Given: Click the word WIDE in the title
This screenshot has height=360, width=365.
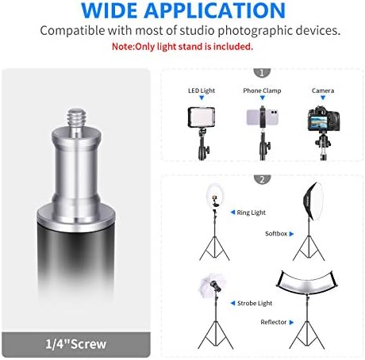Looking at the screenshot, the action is pos(109,10).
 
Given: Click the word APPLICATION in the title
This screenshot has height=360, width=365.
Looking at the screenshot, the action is pos(215,10).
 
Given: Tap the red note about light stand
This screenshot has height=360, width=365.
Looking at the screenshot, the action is pos(182,47).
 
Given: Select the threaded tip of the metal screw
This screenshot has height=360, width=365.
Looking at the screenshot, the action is pos(76,118).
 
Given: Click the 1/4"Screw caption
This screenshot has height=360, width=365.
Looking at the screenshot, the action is pos(76,344).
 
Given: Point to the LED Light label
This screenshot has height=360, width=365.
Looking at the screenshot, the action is pos(202,90).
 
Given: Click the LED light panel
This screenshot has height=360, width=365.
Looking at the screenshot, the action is pos(202,117).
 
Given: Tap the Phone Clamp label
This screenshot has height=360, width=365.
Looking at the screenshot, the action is pos(262,90).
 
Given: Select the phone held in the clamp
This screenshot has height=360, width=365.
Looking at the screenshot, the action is pos(262,117).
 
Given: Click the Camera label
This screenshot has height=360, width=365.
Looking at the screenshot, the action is pos(323,90).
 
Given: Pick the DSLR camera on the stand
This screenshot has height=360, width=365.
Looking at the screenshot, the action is pos(324,118).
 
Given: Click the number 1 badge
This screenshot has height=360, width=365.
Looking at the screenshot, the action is pos(262,73).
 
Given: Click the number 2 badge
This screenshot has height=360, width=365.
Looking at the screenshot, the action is pos(262,179).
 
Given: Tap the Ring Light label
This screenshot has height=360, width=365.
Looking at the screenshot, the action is pos(252,213).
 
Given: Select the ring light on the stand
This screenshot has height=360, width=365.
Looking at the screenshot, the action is pos(214,196).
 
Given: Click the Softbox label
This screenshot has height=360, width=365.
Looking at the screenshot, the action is pos(276,234).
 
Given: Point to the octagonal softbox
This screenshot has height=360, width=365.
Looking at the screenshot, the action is pos(313,201).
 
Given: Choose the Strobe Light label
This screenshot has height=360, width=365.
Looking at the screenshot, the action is pos(255,303).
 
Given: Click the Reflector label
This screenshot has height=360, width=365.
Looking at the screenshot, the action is pos(274,322).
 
